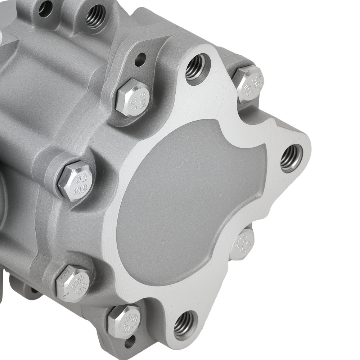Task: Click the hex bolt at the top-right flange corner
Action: point(248,83)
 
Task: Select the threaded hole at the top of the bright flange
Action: point(197,67)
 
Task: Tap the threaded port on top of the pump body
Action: point(96,15)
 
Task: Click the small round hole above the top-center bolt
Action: point(140,59)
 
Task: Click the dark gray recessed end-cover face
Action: point(187,202)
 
